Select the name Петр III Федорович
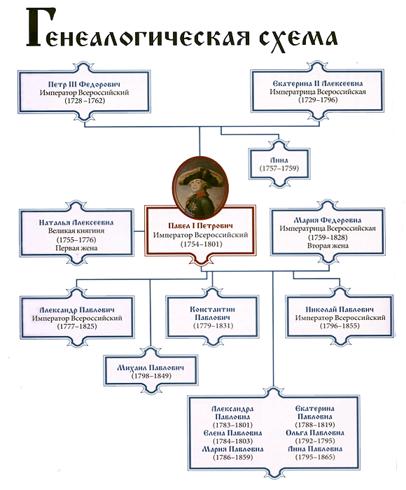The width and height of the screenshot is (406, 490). tap(85, 85)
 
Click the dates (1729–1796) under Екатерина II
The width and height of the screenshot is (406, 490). tap(318, 100)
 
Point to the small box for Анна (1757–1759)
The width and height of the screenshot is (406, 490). tap(279, 164)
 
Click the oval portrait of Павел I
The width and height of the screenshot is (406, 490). tap(200, 188)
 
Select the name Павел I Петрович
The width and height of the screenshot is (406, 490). tap(200, 225)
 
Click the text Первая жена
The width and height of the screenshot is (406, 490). tap(76, 248)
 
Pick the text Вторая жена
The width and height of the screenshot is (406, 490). tap(328, 246)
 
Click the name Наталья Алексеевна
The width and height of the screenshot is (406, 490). tap(76, 223)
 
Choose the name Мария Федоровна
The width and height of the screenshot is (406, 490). tap(328, 220)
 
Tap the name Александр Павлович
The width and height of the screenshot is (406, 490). tap(77, 310)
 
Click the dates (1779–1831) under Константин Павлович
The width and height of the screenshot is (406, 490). tap(213, 325)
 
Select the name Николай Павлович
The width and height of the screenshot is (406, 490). tap(339, 309)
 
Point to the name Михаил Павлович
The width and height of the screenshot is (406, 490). tap(150, 367)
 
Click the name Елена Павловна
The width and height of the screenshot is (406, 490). tap(232, 433)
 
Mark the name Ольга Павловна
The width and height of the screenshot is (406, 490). tap(315, 433)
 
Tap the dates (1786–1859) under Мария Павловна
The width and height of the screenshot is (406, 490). tap(232, 457)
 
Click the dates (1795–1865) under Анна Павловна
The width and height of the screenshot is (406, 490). tap(315, 457)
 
